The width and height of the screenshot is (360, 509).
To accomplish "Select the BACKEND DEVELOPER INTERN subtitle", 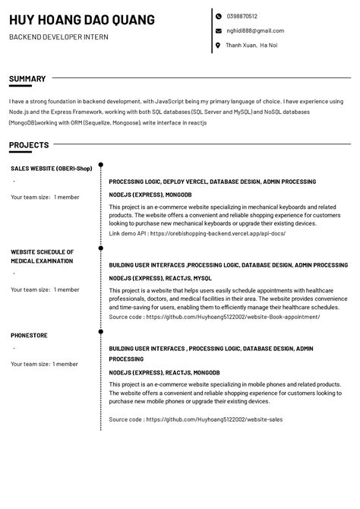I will [58, 37].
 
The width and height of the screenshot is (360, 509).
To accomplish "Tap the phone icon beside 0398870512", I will [218, 16].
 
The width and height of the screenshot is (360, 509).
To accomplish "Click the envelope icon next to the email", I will [218, 31].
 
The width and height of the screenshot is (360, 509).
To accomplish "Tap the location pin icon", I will [218, 46].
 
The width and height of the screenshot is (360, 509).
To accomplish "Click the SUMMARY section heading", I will [27, 78].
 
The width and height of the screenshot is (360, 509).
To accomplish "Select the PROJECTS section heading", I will [29, 145].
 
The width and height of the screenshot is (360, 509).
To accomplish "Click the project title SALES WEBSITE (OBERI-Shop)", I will [51, 169].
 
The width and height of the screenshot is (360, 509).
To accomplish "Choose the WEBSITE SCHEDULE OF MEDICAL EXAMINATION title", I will [42, 256].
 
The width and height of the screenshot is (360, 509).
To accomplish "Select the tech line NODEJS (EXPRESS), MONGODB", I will [150, 194].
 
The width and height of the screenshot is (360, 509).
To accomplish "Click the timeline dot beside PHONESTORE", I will [101, 331].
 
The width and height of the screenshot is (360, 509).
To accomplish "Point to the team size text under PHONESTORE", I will [45, 364].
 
